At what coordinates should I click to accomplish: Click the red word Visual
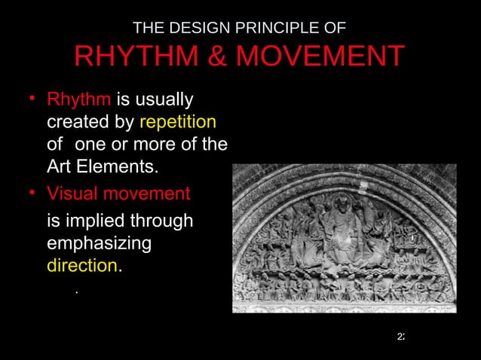[71, 194]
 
